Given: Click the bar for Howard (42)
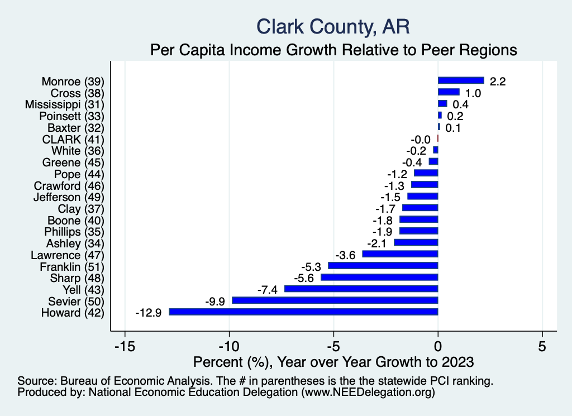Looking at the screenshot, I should (303, 312).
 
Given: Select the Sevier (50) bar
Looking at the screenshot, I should (335, 300).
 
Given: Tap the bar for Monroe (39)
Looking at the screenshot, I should (461, 80).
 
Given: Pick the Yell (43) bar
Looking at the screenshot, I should (361, 289).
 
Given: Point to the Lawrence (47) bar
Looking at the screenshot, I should (400, 254).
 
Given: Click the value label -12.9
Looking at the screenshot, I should (149, 313).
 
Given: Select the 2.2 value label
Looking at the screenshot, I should (498, 81).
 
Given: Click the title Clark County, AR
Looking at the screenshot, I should (333, 26).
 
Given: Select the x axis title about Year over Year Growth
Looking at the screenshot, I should (333, 361).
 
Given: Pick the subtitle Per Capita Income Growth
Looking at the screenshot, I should (333, 50).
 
